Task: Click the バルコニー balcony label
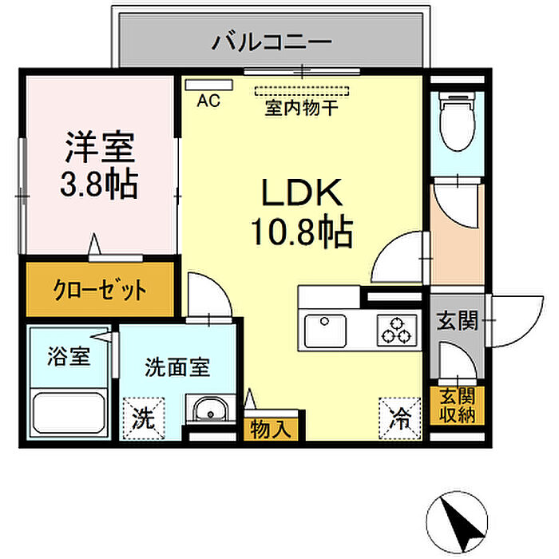272,42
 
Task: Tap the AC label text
208,101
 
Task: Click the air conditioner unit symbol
208,83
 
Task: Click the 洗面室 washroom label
177,368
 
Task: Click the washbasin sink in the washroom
209,410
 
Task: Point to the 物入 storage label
272,429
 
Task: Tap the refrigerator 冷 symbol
398,417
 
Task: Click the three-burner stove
397,327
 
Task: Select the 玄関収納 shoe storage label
456,406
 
